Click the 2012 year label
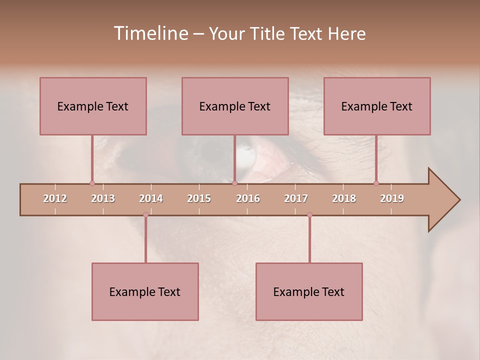(55, 198)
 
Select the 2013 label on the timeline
(103, 198)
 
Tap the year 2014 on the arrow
(151, 198)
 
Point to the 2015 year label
(199, 198)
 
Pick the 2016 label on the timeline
(248, 198)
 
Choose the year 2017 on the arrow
(296, 198)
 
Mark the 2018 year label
(344, 198)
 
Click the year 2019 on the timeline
(392, 198)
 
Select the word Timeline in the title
(150, 33)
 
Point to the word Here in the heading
(346, 33)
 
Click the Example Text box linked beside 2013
(93, 106)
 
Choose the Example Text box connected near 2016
(235, 106)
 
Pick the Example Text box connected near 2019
(377, 106)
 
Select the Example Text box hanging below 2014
(145, 291)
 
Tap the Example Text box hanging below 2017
(309, 291)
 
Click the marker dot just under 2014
(145, 215)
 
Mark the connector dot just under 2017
(309, 215)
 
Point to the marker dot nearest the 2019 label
(376, 183)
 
